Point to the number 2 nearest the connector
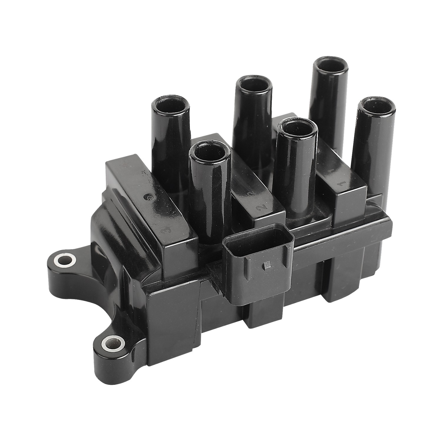click(260, 208)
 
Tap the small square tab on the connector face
click(267, 265)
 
